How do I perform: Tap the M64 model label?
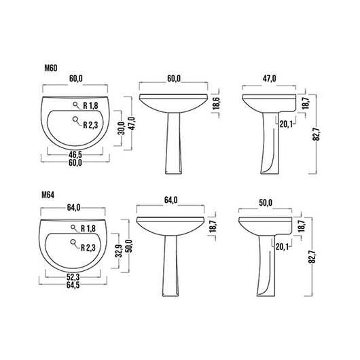(x=48, y=194)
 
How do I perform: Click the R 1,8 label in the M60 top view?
(x=92, y=105)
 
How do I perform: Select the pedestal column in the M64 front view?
(x=171, y=272)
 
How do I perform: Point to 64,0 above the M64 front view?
(x=170, y=200)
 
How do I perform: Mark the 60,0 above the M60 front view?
(x=173, y=79)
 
